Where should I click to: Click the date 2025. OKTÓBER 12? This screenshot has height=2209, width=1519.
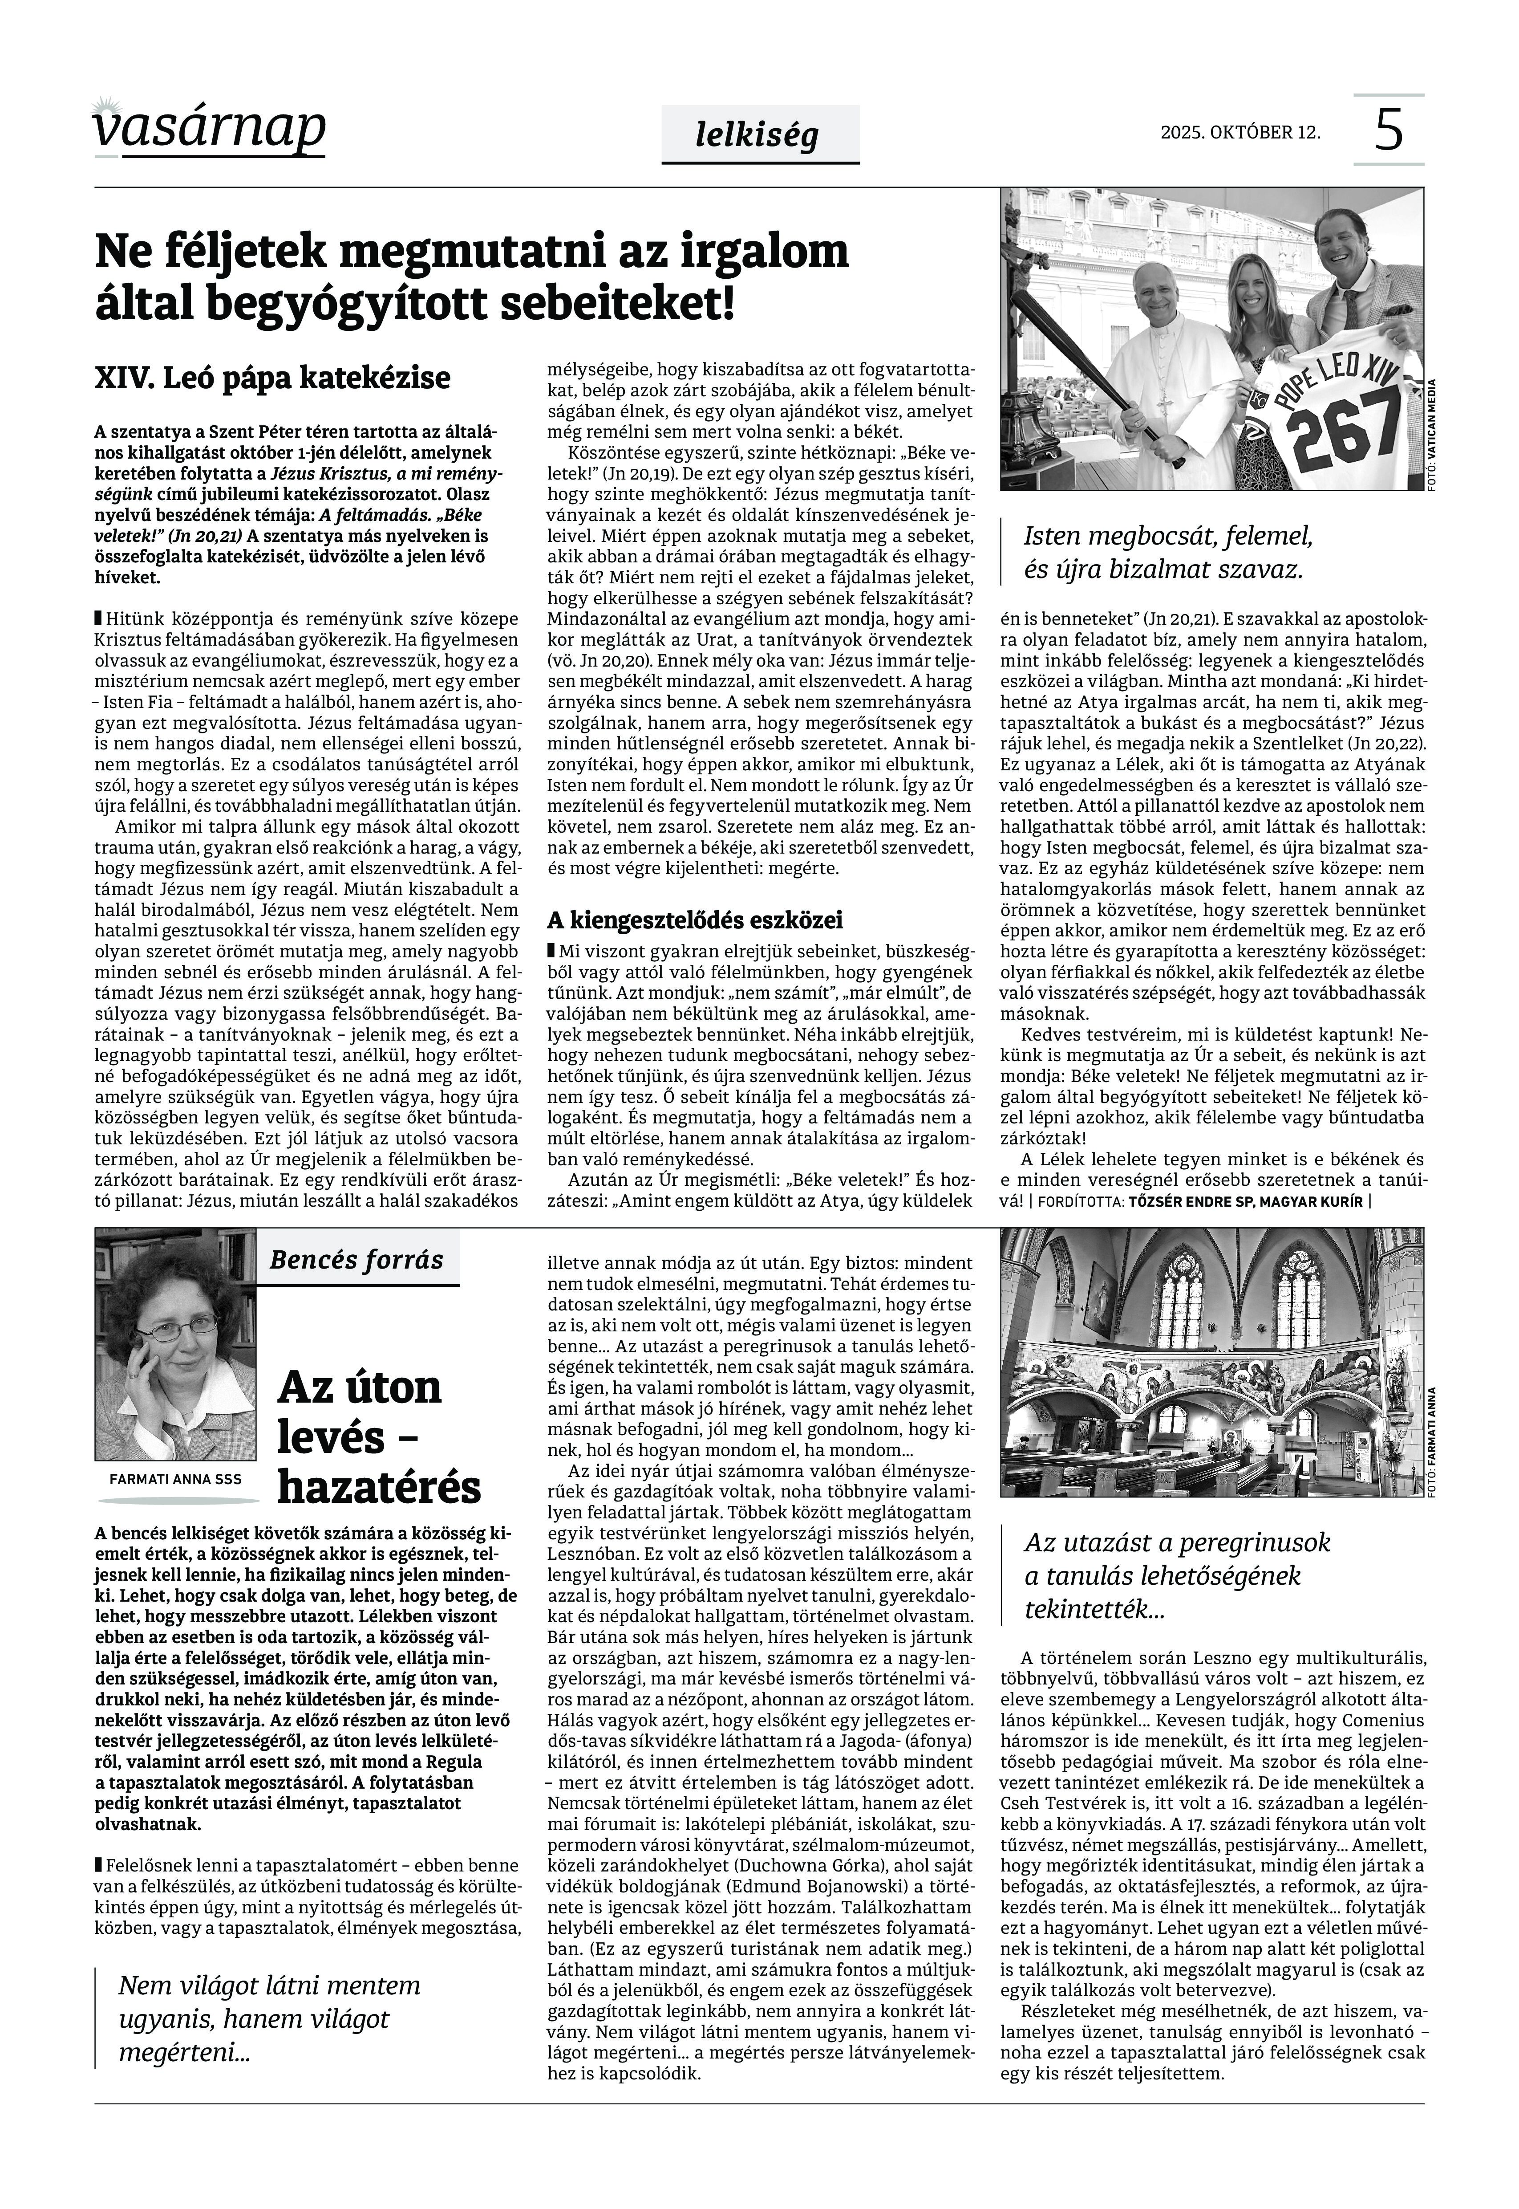point(1240,132)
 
